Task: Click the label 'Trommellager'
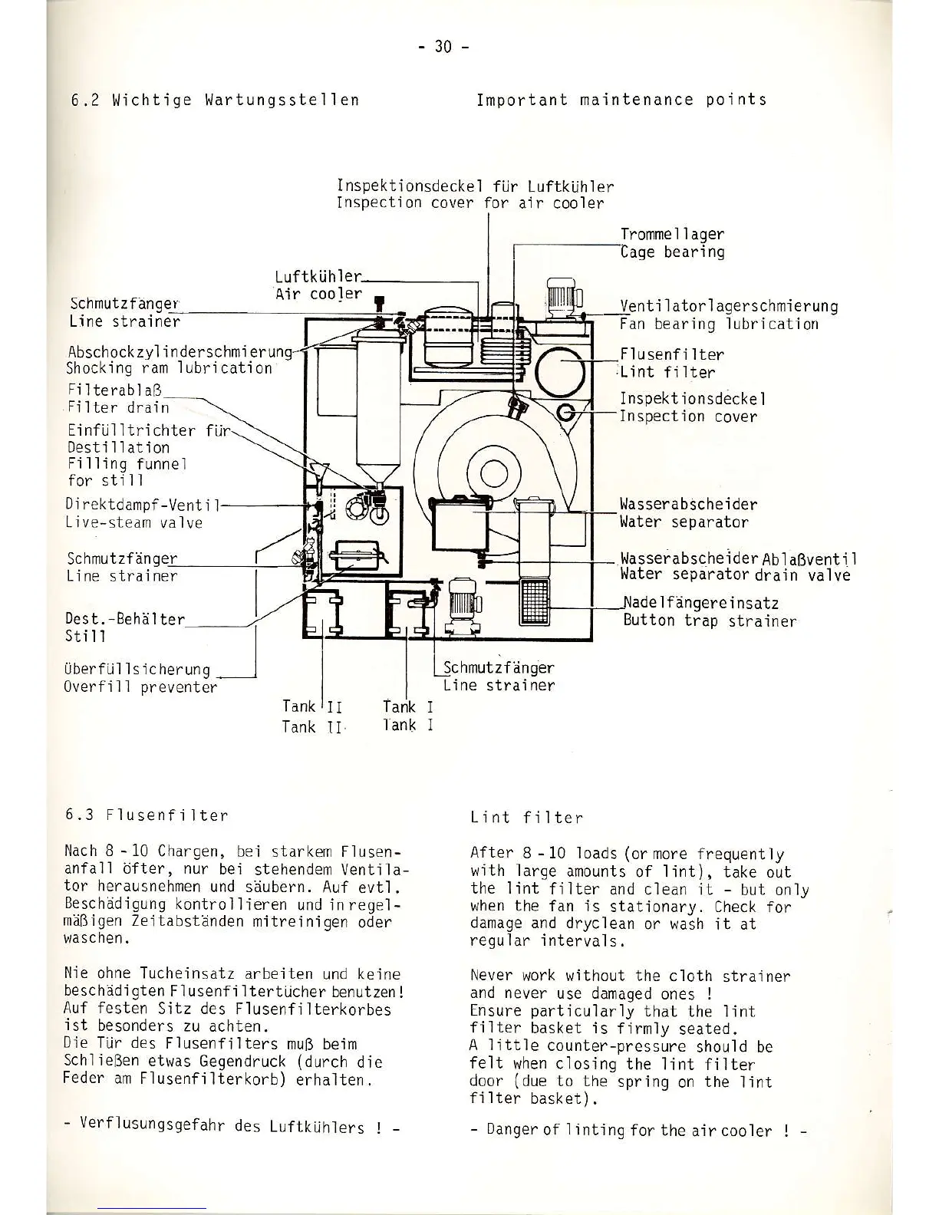[671, 234]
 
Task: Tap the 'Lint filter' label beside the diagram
[667, 373]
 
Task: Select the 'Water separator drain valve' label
[735, 575]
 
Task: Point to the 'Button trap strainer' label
[710, 621]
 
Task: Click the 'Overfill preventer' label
[140, 687]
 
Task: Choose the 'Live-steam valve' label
[134, 523]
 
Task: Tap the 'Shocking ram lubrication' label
[169, 368]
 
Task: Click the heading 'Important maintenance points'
[621, 100]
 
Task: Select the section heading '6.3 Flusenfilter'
[147, 815]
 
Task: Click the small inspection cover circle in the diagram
[565, 413]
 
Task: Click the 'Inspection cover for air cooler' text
[470, 203]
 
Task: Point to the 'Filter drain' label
[117, 407]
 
